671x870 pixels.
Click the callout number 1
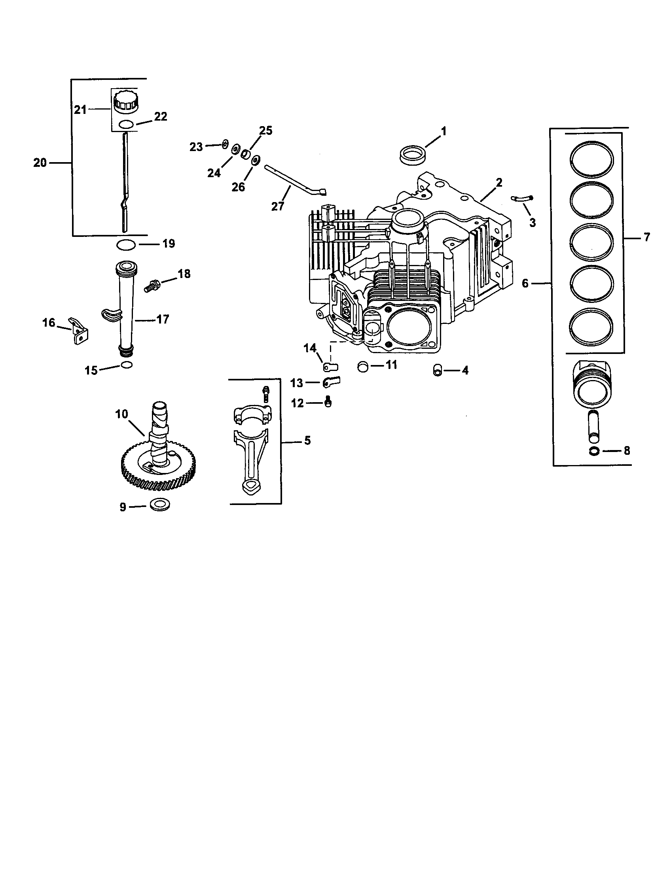click(x=443, y=131)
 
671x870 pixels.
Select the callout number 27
click(x=278, y=206)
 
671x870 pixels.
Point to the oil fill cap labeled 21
click(x=125, y=104)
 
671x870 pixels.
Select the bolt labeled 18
click(x=152, y=286)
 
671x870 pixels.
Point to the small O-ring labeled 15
click(x=126, y=365)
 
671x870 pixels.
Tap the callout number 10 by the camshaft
click(x=121, y=414)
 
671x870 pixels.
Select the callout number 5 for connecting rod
click(x=307, y=441)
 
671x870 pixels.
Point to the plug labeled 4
click(x=438, y=371)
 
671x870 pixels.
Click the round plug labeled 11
click(x=363, y=366)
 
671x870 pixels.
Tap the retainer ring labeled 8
click(x=593, y=451)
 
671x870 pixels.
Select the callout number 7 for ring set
click(x=647, y=237)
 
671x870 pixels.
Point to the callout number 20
click(x=40, y=163)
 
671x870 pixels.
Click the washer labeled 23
click(x=225, y=144)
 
